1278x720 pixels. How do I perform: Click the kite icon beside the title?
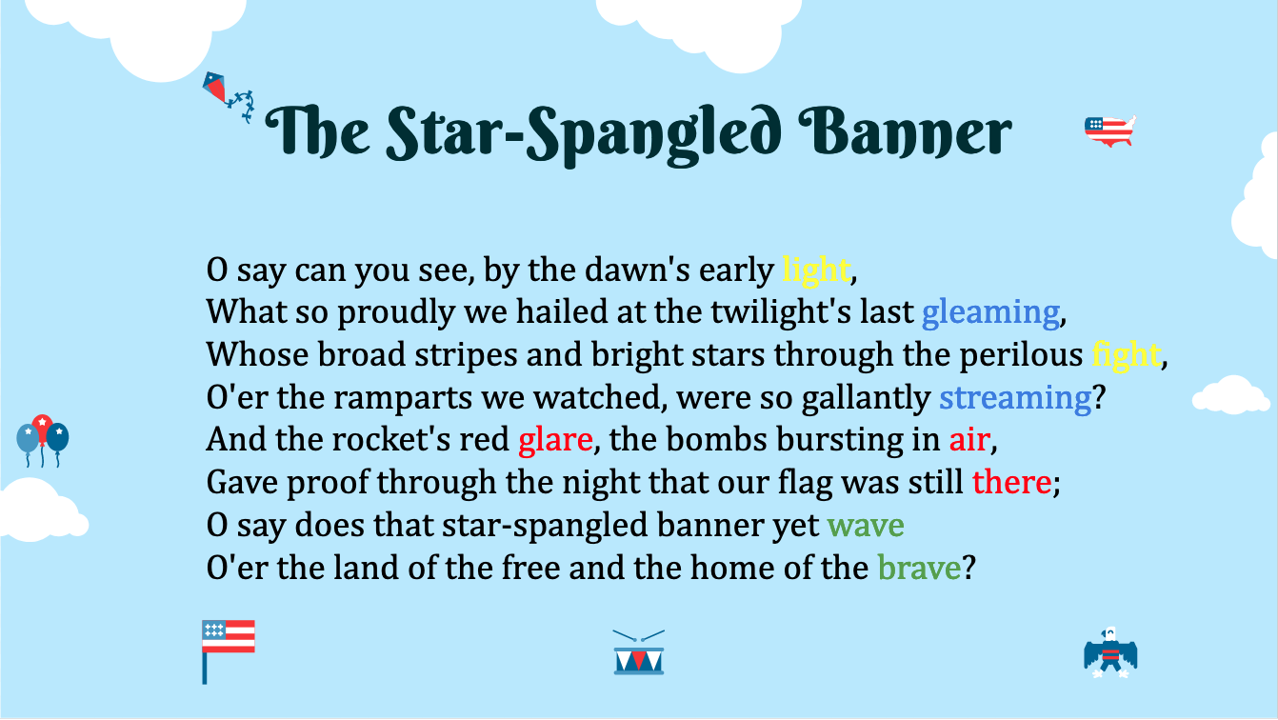228,96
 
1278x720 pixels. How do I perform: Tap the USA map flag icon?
1109,131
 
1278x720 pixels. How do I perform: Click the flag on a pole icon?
228,651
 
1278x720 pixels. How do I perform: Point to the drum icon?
639,652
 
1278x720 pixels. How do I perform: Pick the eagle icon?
1110,652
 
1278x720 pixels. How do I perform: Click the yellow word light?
816,270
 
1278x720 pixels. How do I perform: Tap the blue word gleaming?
991,312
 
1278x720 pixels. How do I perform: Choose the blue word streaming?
1015,397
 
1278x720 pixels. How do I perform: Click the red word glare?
555,440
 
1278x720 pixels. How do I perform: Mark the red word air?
969,440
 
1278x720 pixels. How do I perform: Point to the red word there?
1011,482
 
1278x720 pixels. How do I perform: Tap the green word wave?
866,526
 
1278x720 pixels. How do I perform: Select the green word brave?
919,567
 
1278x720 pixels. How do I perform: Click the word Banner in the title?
905,132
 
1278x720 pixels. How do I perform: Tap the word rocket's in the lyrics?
390,440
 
